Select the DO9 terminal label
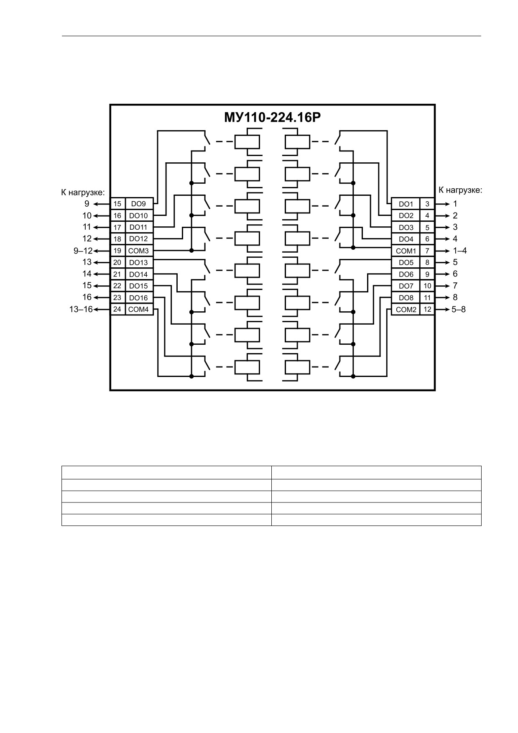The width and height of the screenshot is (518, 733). coord(138,204)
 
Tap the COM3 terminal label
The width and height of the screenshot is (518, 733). coord(138,251)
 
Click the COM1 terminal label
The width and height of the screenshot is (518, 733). coord(406,251)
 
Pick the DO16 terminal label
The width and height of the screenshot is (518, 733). coord(138,298)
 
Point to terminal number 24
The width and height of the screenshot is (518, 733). coord(117,309)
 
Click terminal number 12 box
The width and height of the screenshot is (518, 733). coord(427,310)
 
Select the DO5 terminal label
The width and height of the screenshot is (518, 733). coord(406,263)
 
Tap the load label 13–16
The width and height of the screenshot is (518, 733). coord(81,310)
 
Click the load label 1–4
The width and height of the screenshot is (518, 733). coord(459,251)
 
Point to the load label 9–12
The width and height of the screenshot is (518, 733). coord(83,251)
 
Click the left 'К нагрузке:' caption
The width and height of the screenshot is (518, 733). coord(83,192)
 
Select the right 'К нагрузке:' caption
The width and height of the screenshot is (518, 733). coord(460,190)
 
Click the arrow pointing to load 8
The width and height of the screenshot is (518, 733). coord(443,297)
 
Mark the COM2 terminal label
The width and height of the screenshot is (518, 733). coord(406,310)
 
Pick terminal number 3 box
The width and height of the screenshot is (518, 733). coord(427,204)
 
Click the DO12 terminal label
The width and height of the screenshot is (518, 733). coord(138,239)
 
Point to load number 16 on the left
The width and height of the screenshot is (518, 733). coord(87,297)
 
